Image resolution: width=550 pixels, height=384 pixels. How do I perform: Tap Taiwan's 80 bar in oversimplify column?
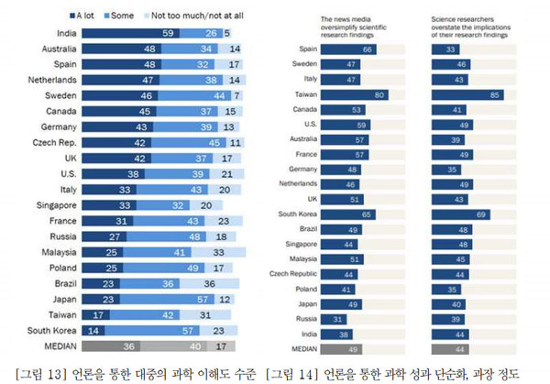(348, 94)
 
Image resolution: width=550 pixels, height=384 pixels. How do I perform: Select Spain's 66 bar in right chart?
(341, 49)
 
